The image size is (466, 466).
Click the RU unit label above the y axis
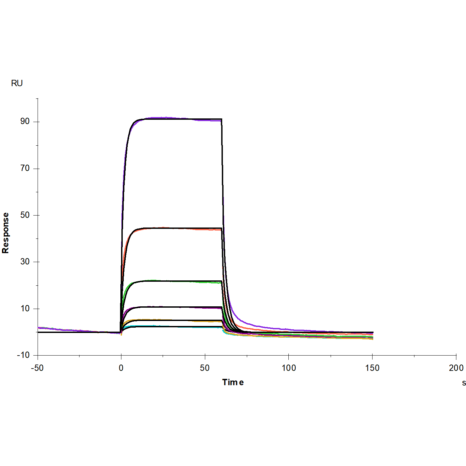(17, 83)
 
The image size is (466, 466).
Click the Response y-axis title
(5, 233)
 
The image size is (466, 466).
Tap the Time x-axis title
(233, 382)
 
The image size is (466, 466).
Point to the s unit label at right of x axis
(464, 383)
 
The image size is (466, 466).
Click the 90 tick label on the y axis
(25, 121)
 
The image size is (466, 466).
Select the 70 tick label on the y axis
(25, 168)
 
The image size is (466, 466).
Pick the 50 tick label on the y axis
(25, 215)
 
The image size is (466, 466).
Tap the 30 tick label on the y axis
(25, 262)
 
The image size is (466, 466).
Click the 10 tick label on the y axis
(25, 309)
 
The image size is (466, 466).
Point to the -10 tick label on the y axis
(23, 355)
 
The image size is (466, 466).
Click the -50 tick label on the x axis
(37, 368)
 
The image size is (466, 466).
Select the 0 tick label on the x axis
(121, 368)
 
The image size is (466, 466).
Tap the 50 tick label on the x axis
(205, 368)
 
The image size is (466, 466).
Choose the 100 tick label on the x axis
(288, 368)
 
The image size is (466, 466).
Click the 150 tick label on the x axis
(372, 368)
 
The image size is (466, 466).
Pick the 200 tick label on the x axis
(456, 368)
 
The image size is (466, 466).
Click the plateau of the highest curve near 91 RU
(173, 119)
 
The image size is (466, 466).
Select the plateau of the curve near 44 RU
(173, 228)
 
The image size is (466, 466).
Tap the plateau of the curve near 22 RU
(173, 281)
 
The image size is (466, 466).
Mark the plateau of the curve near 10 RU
(173, 307)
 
